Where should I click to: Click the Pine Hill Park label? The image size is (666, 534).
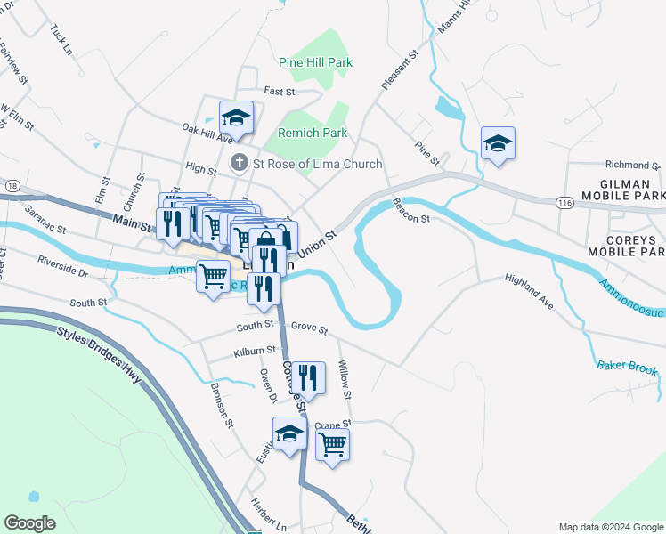[315, 62]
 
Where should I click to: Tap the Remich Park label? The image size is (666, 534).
[312, 133]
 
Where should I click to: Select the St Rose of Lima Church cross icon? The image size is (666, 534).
[239, 164]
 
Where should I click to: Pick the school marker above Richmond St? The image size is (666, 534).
[498, 142]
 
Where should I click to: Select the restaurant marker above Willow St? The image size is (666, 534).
[308, 376]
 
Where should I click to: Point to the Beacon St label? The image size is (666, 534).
[411, 211]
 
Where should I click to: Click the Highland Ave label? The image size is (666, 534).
[529, 291]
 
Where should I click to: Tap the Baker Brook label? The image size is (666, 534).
[628, 369]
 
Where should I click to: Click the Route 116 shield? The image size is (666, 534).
[564, 203]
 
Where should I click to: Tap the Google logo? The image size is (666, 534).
[30, 523]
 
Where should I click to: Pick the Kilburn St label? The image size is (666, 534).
[254, 352]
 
